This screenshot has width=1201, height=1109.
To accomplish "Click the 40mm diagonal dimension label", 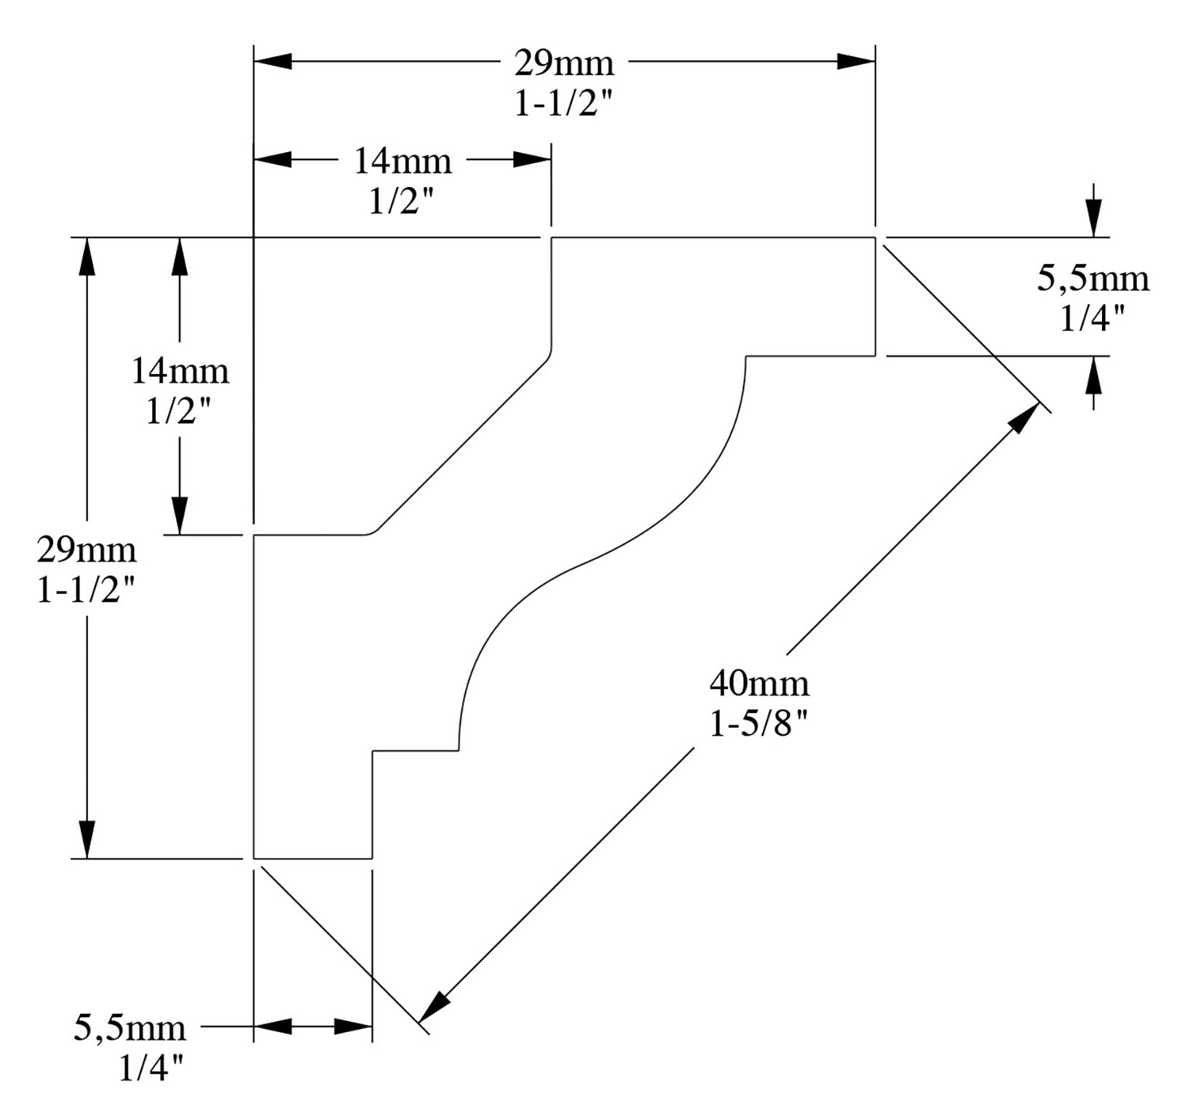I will (759, 683).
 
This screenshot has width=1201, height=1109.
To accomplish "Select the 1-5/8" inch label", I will (759, 723).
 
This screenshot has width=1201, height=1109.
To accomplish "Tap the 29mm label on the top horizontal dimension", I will (564, 63).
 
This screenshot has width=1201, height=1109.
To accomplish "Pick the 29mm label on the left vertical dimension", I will (87, 549).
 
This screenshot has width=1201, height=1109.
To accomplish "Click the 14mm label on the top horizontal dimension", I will (403, 161).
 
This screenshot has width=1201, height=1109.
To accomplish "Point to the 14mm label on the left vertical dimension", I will (180, 371).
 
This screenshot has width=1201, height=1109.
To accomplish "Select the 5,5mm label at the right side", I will (1093, 278).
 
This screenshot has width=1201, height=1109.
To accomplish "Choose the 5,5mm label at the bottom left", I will (130, 1028).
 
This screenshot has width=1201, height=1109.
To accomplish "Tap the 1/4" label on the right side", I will (1093, 318).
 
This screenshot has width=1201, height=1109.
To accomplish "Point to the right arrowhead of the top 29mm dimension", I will (856, 61).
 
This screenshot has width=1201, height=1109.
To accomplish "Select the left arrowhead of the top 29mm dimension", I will (273, 61).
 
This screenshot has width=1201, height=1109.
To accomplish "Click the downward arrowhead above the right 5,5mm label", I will (1093, 218).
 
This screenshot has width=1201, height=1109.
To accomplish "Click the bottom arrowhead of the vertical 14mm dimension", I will (180, 516).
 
